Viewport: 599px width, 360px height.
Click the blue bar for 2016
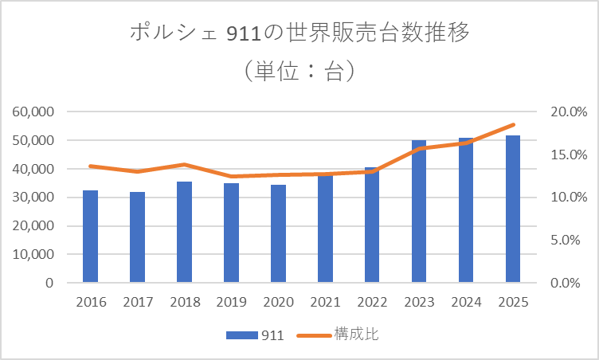tap(90, 237)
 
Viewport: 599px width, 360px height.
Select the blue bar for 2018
tap(184, 232)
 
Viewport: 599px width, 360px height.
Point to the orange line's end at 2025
tap(514, 125)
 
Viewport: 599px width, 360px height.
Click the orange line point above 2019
tap(231, 177)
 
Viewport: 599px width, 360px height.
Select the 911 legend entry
tap(255, 335)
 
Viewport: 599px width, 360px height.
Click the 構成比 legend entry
tap(338, 335)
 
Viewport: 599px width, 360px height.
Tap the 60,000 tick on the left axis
tap(33, 112)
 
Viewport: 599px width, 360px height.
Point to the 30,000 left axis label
tap(33, 198)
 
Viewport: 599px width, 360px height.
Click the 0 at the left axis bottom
tap(49, 283)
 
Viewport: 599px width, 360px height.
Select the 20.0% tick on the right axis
tap(568, 112)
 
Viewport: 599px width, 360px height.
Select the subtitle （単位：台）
tap(299, 72)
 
